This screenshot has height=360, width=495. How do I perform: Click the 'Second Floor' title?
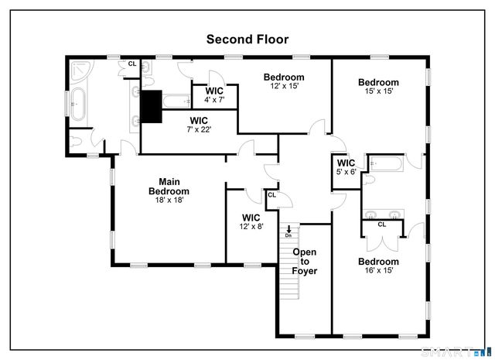point(247,38)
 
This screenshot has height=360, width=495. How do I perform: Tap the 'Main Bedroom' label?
point(169,187)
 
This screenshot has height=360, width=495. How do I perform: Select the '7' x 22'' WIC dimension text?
point(200,129)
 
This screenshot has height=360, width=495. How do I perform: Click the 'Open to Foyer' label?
point(304,262)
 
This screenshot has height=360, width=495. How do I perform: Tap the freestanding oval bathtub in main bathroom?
point(78,103)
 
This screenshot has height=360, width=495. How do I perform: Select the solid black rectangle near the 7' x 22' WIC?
point(150,107)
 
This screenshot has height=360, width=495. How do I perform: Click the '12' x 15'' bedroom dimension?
point(283,86)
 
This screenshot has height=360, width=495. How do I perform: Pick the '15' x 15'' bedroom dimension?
point(377,91)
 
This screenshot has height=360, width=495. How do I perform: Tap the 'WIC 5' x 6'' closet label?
point(346,167)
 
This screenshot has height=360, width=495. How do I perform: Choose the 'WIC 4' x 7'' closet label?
point(214,95)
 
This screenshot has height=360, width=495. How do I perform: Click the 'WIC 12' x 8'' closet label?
point(251,222)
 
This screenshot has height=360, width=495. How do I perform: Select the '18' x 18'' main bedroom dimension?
point(169,200)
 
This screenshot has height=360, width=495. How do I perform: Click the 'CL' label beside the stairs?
point(271,195)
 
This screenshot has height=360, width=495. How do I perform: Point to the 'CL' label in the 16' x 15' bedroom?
point(381,225)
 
